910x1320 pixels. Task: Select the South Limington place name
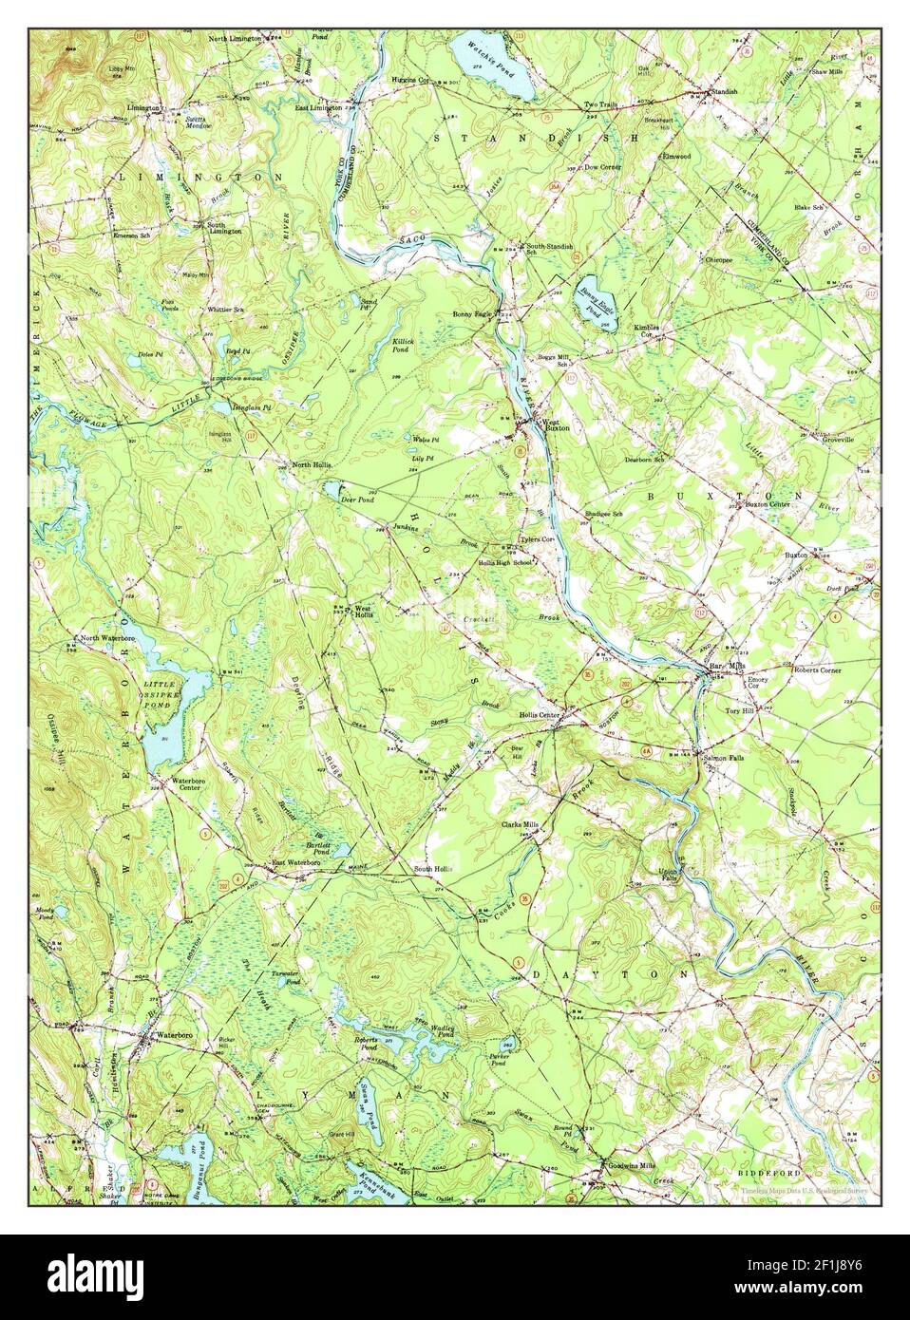(225, 228)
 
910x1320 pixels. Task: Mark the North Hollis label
(311, 464)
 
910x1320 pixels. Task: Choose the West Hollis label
(363, 613)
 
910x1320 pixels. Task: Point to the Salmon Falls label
(726, 757)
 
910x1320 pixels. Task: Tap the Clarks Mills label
(521, 824)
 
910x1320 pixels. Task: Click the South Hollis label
(432, 869)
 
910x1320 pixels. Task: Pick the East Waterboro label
(294, 862)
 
